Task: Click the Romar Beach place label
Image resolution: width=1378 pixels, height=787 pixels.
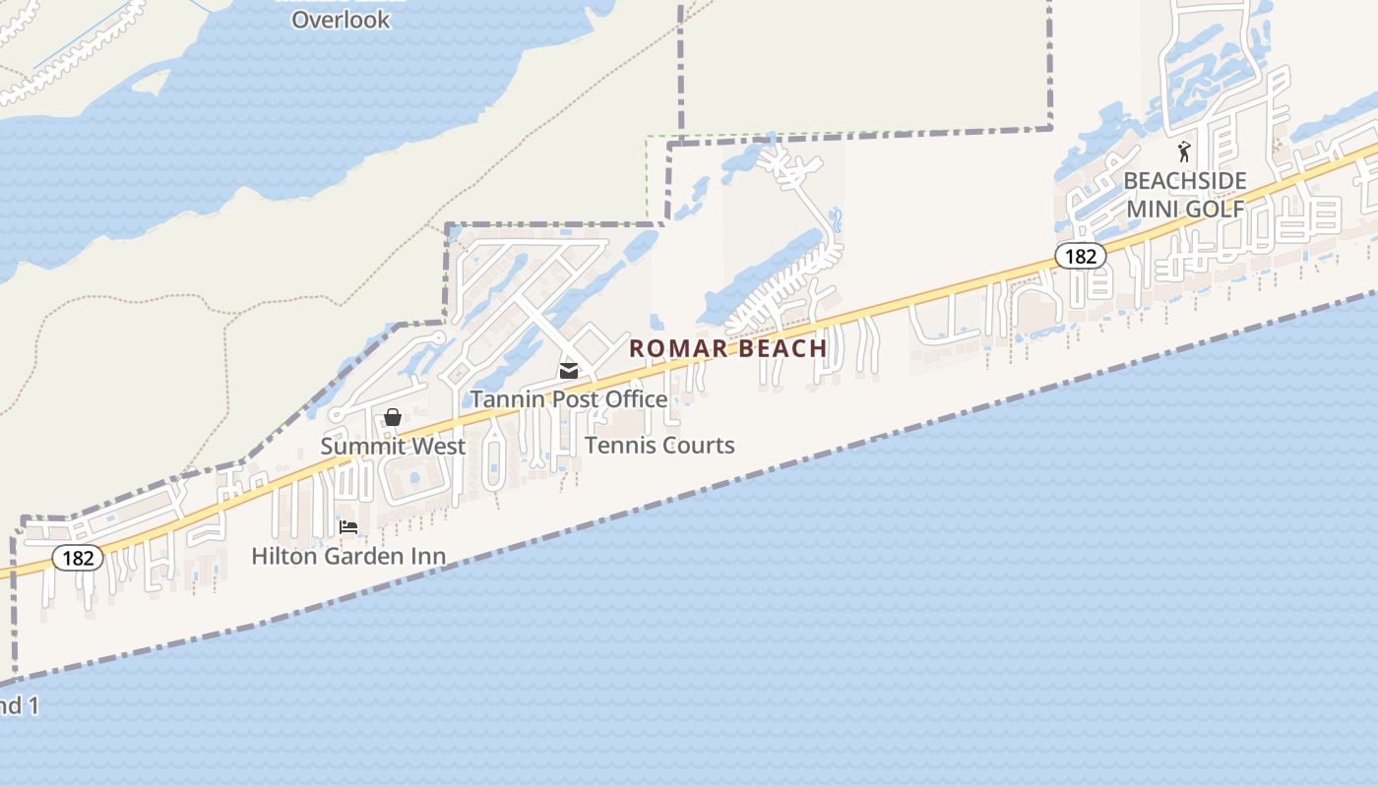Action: [727, 348]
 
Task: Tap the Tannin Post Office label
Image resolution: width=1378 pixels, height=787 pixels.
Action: [569, 398]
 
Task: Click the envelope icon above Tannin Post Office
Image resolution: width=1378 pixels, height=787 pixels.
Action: [569, 371]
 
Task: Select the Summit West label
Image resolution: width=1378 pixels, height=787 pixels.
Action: [393, 446]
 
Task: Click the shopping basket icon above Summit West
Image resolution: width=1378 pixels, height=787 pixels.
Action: [393, 418]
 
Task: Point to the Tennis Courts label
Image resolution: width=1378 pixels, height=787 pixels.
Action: [659, 446]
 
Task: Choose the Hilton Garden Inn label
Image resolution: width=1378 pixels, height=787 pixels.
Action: [348, 556]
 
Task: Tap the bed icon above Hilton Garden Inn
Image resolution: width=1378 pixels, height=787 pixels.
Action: [348, 528]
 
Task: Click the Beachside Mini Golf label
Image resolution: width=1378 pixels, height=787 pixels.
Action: [1185, 195]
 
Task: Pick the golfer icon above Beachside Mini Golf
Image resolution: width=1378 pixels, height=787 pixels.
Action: [1184, 152]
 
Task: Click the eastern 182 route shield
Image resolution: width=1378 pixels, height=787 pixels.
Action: [1080, 256]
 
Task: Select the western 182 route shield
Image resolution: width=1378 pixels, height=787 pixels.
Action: [77, 559]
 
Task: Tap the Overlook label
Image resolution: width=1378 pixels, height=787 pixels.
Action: [341, 20]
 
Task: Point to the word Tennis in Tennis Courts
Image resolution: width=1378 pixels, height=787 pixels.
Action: [618, 446]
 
